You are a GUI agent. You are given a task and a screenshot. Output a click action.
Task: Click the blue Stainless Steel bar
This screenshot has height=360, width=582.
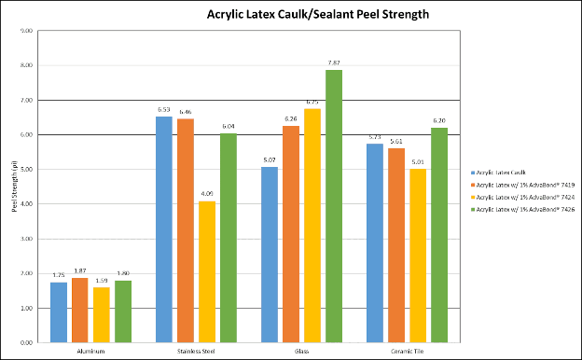(x=163, y=229)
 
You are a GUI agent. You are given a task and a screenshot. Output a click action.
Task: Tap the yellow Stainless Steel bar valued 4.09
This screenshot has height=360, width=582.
(x=207, y=271)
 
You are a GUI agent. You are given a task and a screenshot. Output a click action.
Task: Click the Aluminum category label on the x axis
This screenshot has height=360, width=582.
(x=90, y=352)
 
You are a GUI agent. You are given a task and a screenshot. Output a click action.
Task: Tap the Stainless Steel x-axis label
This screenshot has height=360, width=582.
(x=196, y=352)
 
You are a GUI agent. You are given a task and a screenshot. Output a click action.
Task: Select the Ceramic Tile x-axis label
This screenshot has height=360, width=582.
(x=407, y=352)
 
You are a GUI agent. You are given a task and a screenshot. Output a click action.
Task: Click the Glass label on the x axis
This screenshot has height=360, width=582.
(x=301, y=352)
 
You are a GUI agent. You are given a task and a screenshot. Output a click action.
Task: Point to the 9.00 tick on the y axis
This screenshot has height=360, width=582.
(x=26, y=31)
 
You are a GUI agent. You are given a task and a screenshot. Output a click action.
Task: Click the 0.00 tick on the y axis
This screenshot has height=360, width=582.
(x=26, y=343)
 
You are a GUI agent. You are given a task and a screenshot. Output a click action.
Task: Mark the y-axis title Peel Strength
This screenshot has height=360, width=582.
(x=14, y=187)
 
